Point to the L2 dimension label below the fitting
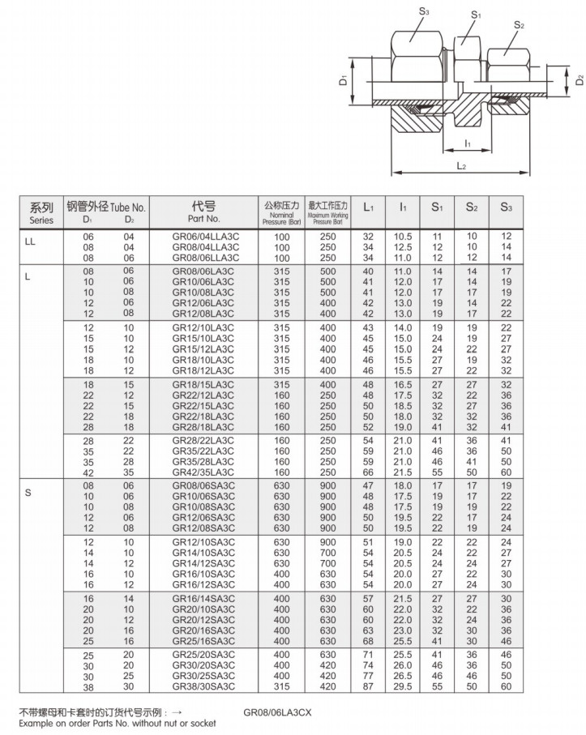[x=460, y=166]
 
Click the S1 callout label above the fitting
[x=476, y=15]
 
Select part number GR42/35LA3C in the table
[x=203, y=472]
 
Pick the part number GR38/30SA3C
[x=203, y=686]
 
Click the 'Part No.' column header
[x=204, y=212]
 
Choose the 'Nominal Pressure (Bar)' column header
[x=281, y=212]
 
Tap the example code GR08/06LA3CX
[x=277, y=714]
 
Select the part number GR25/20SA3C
[x=203, y=654]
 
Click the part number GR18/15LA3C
[x=203, y=384]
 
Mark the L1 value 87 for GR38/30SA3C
[x=368, y=686]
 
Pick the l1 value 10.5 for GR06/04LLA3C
[x=403, y=236]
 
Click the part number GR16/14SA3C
[x=203, y=598]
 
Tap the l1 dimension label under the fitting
[x=468, y=143]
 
